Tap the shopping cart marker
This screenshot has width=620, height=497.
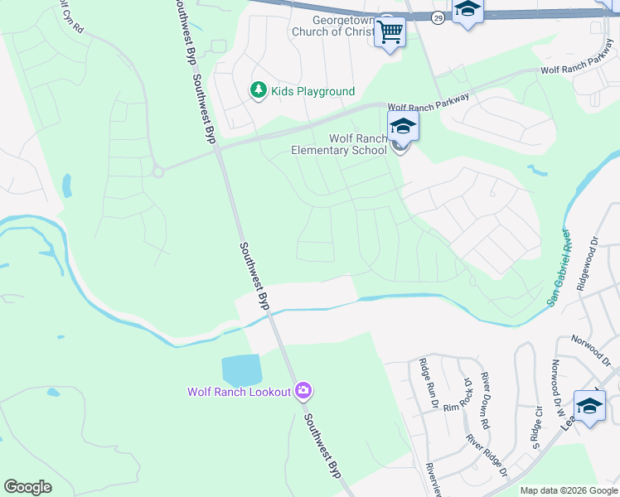(389, 32)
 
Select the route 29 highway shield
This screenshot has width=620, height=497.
(437, 17)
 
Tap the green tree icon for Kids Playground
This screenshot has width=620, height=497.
(259, 90)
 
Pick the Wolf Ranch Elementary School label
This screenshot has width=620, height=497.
(339, 144)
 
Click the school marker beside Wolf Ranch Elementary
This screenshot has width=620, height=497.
(403, 127)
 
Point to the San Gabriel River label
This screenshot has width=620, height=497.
(560, 268)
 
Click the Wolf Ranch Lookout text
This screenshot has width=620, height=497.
(239, 392)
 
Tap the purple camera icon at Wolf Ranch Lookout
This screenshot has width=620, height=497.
(303, 390)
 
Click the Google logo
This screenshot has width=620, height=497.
(27, 487)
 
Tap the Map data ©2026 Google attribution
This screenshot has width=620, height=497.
(568, 490)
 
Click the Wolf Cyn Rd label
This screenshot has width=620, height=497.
(71, 17)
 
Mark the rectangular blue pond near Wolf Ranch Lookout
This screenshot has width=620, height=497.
(241, 371)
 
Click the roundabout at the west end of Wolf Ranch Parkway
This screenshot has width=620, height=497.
(157, 171)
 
